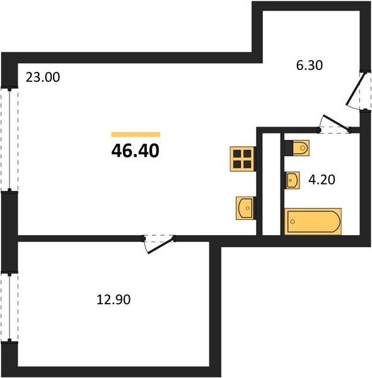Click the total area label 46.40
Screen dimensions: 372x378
coord(136,151)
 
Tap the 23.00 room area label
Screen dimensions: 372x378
coord(43,77)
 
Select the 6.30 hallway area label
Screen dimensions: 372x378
coord(310,66)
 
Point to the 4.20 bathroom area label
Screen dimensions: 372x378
coord(322,180)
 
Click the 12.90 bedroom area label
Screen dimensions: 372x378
coord(113,300)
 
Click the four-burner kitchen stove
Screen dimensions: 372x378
coord(243,159)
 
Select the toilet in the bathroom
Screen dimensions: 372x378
coord(297,148)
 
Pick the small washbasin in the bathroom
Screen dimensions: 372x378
coord(292,180)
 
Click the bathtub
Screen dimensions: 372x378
coord(313,221)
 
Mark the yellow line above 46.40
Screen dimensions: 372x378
coord(136,134)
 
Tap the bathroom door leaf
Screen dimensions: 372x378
coord(336,123)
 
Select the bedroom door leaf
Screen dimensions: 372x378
coord(161,245)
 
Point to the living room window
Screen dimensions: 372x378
coord(9,140)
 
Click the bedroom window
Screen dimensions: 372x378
coord(9,307)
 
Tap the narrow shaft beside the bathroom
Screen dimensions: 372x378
coord(271,184)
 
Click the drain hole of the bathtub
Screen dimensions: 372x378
coord(293,221)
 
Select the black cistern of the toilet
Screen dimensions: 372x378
coord(289,148)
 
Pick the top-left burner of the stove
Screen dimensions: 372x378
coord(237,154)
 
